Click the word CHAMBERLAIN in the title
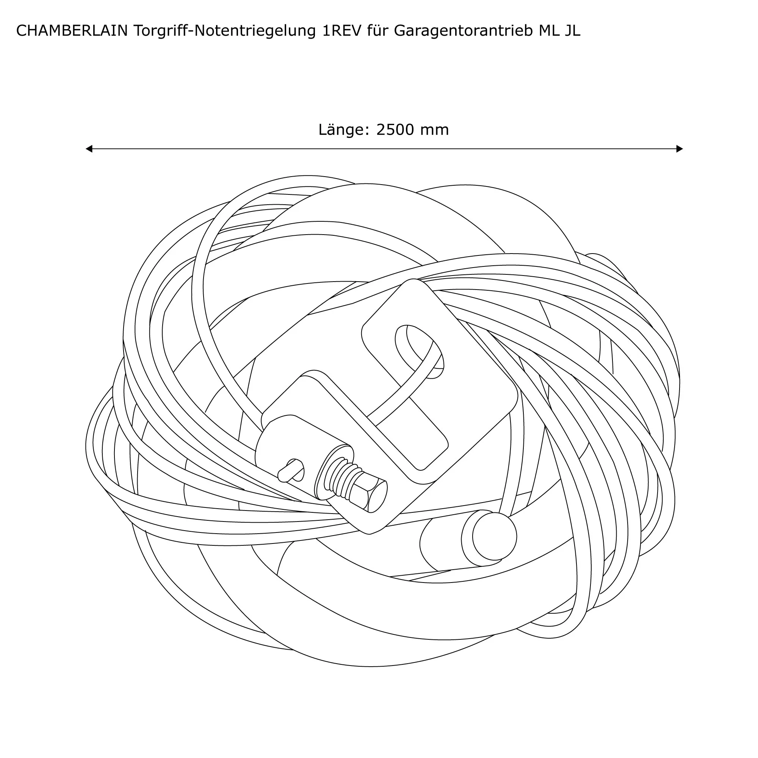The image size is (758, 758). click(x=72, y=31)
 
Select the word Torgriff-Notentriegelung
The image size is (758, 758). click(x=225, y=31)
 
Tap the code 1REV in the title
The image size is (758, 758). click(x=341, y=31)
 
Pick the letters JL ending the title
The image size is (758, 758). click(x=572, y=31)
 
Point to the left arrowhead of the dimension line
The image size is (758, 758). click(x=89, y=149)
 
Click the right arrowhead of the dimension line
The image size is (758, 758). click(x=680, y=149)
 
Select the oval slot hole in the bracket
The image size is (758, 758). click(x=419, y=352)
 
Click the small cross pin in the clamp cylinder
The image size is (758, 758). click(x=291, y=470)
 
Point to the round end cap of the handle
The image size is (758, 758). click(x=493, y=536)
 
